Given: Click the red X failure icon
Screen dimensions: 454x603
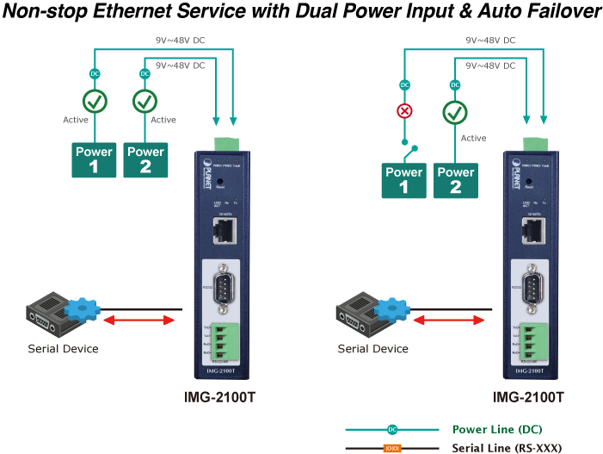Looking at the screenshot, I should point(404,111).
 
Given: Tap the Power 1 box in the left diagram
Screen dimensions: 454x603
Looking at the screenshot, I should point(94,159).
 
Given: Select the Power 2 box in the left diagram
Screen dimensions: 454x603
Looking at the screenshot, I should point(145,159).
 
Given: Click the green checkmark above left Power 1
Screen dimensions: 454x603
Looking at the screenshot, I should point(95,102).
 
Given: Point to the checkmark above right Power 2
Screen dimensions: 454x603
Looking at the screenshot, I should point(455,112).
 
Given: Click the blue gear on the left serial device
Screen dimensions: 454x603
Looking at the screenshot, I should point(83,308).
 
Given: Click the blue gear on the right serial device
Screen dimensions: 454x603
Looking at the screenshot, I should point(393,308).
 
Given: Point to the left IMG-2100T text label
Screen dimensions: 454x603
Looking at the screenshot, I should point(219,397).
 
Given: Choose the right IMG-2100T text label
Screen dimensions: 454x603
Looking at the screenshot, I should point(528,397).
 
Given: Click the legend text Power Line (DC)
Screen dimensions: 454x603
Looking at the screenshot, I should point(497,429).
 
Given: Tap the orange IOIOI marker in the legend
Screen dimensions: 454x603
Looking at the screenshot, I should point(392,448).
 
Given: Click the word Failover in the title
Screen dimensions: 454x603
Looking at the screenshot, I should point(557,12).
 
